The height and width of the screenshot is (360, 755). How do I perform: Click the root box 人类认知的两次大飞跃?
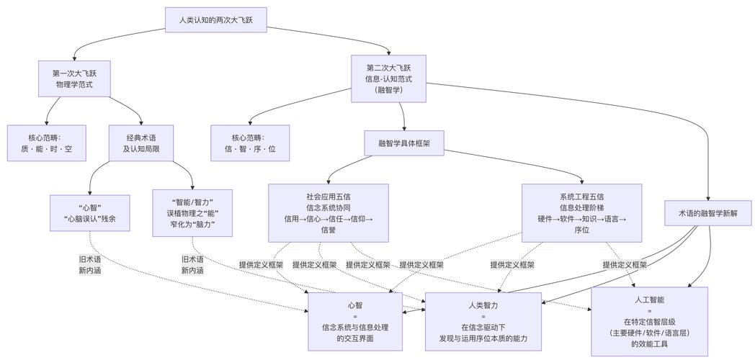[215, 20]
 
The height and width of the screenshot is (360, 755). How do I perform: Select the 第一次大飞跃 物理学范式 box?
[75, 78]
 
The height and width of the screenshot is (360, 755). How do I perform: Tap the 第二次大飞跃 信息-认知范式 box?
[393, 78]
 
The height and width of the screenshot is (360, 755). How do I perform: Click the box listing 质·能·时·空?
[47, 143]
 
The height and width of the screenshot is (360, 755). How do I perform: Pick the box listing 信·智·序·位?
[250, 143]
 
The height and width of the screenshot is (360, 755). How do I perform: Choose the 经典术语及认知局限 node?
[142, 143]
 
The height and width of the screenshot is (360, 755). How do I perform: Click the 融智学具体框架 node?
[403, 143]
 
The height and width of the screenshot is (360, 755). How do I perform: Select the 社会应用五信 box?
[328, 212]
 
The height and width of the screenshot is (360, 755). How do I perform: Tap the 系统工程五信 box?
[581, 212]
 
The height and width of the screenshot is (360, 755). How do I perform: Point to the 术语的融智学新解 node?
[708, 212]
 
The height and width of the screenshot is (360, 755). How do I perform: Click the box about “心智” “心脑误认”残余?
[89, 212]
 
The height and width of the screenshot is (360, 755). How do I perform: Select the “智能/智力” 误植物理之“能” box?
[192, 212]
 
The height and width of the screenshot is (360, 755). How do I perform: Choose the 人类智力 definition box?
[483, 321]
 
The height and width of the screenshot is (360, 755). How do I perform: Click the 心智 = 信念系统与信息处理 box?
[355, 321]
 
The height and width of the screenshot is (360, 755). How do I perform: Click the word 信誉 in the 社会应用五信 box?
[328, 230]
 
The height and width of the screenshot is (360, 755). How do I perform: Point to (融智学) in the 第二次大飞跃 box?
[393, 90]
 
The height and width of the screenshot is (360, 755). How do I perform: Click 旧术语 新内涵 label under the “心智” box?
[90, 264]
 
